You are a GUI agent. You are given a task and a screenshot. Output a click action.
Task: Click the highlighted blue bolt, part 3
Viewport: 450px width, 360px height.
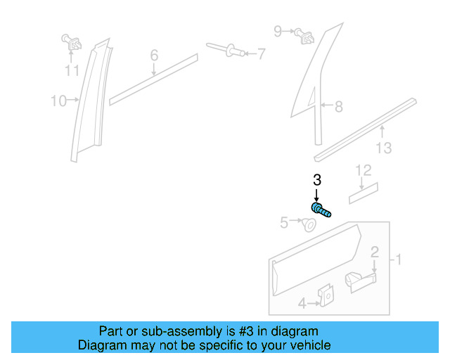[x=321, y=209]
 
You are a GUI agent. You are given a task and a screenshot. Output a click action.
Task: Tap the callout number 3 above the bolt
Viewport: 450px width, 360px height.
[x=316, y=180]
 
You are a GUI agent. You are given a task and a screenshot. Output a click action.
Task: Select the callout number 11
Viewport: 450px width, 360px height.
[x=72, y=70]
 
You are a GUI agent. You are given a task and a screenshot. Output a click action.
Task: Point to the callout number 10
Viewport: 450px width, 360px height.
[x=58, y=101]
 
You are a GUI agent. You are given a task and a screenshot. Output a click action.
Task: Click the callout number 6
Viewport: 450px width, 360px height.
[x=154, y=55]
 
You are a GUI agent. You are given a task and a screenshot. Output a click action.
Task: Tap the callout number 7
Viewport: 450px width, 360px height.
[x=261, y=53]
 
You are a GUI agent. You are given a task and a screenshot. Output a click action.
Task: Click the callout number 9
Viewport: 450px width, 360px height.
[x=278, y=31]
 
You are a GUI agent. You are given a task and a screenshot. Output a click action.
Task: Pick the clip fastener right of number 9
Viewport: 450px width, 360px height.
[x=304, y=34]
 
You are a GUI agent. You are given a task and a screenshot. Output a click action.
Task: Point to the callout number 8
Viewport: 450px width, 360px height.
[x=338, y=107]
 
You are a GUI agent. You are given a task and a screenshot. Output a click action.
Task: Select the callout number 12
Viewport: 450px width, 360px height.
[x=362, y=170]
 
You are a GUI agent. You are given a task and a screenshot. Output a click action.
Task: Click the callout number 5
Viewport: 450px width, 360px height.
[x=284, y=223]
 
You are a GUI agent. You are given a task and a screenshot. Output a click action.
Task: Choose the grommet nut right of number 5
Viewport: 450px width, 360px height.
[x=308, y=225]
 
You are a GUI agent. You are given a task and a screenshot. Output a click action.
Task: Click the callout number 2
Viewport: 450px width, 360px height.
[x=375, y=252]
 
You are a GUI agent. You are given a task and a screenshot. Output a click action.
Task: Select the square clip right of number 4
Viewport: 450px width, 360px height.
[x=326, y=297]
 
